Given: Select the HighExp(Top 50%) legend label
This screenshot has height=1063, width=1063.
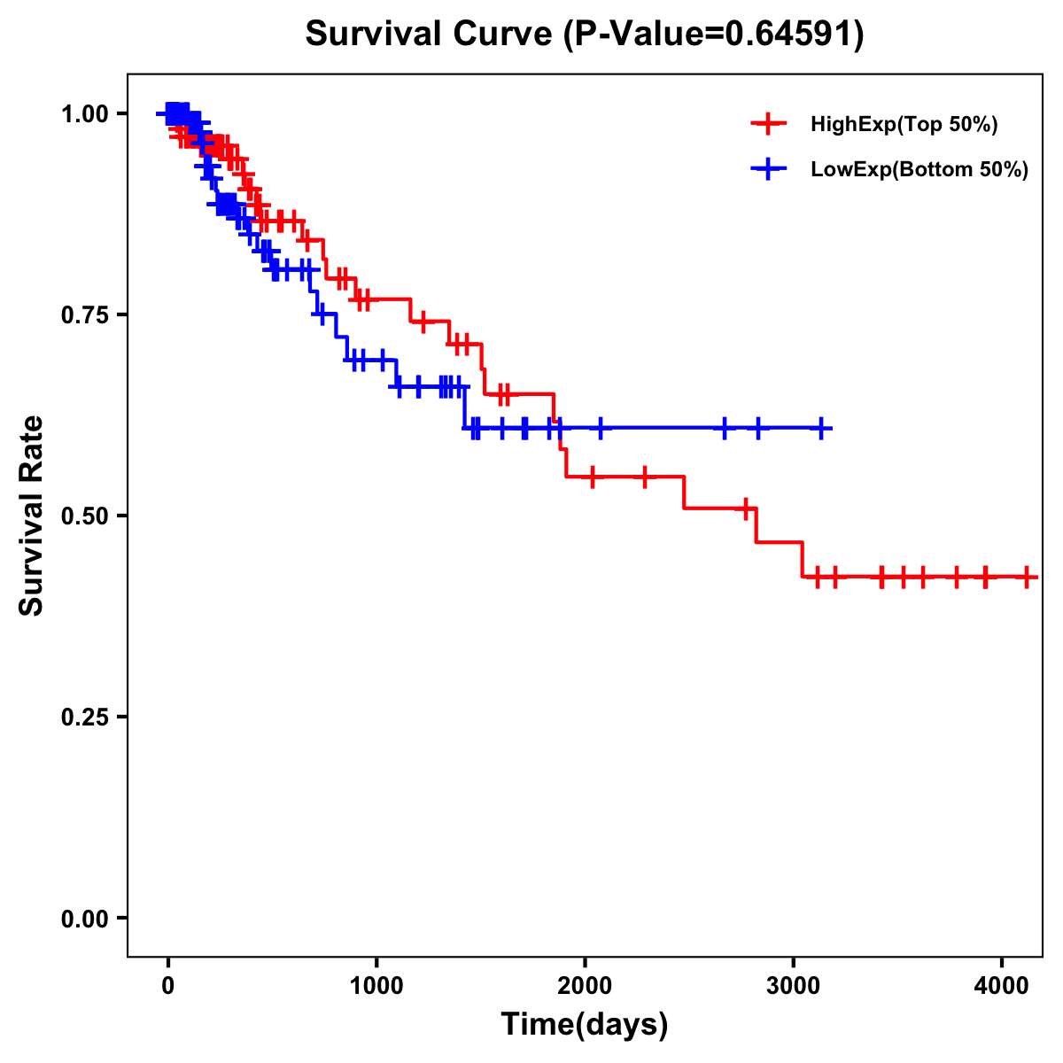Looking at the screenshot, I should click(904, 125).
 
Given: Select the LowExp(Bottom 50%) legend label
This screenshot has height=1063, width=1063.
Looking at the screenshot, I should click(919, 169).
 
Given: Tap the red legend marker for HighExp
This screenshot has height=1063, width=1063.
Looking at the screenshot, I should click(768, 124).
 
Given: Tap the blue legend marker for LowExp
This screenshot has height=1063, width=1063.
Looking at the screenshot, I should click(768, 168).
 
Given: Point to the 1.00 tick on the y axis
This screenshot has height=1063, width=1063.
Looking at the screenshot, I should click(84, 114).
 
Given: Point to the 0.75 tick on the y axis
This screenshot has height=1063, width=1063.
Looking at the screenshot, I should click(84, 315).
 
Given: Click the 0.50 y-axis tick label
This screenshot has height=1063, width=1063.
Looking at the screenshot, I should click(84, 516).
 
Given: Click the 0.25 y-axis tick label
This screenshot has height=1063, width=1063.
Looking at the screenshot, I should click(84, 718).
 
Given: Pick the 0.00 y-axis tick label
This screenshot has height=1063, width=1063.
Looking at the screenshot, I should click(84, 919).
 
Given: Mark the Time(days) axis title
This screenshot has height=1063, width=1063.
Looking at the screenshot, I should click(585, 1025).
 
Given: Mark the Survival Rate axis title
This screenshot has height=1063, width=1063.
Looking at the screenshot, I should click(32, 516).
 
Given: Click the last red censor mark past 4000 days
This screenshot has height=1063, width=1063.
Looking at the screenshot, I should click(1026, 577).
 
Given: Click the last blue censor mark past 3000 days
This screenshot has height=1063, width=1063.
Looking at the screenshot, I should click(822, 429).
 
